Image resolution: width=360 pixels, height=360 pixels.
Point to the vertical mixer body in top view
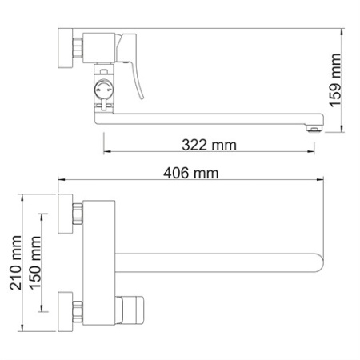click(x=99, y=261)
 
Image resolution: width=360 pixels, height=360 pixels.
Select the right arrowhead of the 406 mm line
click(x=322, y=183)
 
